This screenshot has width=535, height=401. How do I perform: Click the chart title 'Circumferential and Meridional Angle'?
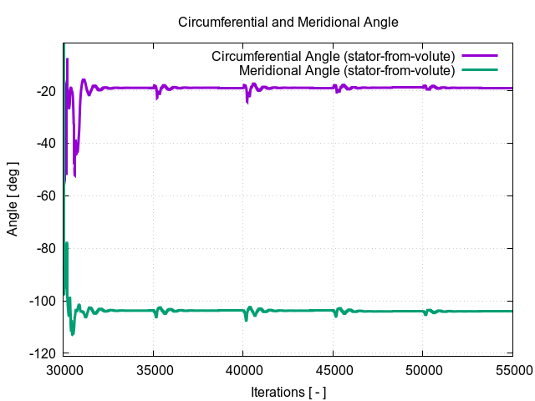click(x=288, y=22)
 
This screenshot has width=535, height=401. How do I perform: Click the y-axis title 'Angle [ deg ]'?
click(x=13, y=198)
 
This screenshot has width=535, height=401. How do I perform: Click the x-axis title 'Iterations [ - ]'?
click(x=288, y=392)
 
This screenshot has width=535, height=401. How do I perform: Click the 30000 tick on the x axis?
click(x=64, y=369)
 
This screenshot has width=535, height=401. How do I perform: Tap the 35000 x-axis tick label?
click(x=153, y=369)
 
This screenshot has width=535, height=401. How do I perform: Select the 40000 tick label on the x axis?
click(x=243, y=369)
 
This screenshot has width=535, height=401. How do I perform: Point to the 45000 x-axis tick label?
click(x=333, y=369)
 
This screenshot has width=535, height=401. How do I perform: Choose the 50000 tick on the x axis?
click(x=422, y=369)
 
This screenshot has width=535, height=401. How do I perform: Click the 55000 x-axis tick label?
click(x=512, y=369)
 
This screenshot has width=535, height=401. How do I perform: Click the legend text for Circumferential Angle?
click(x=333, y=56)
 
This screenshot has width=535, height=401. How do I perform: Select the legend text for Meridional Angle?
click(x=346, y=70)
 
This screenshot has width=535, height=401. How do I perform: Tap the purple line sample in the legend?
click(x=480, y=56)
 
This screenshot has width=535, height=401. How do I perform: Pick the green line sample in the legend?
click(x=480, y=70)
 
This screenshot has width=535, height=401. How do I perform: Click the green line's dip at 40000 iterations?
click(x=246, y=319)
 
